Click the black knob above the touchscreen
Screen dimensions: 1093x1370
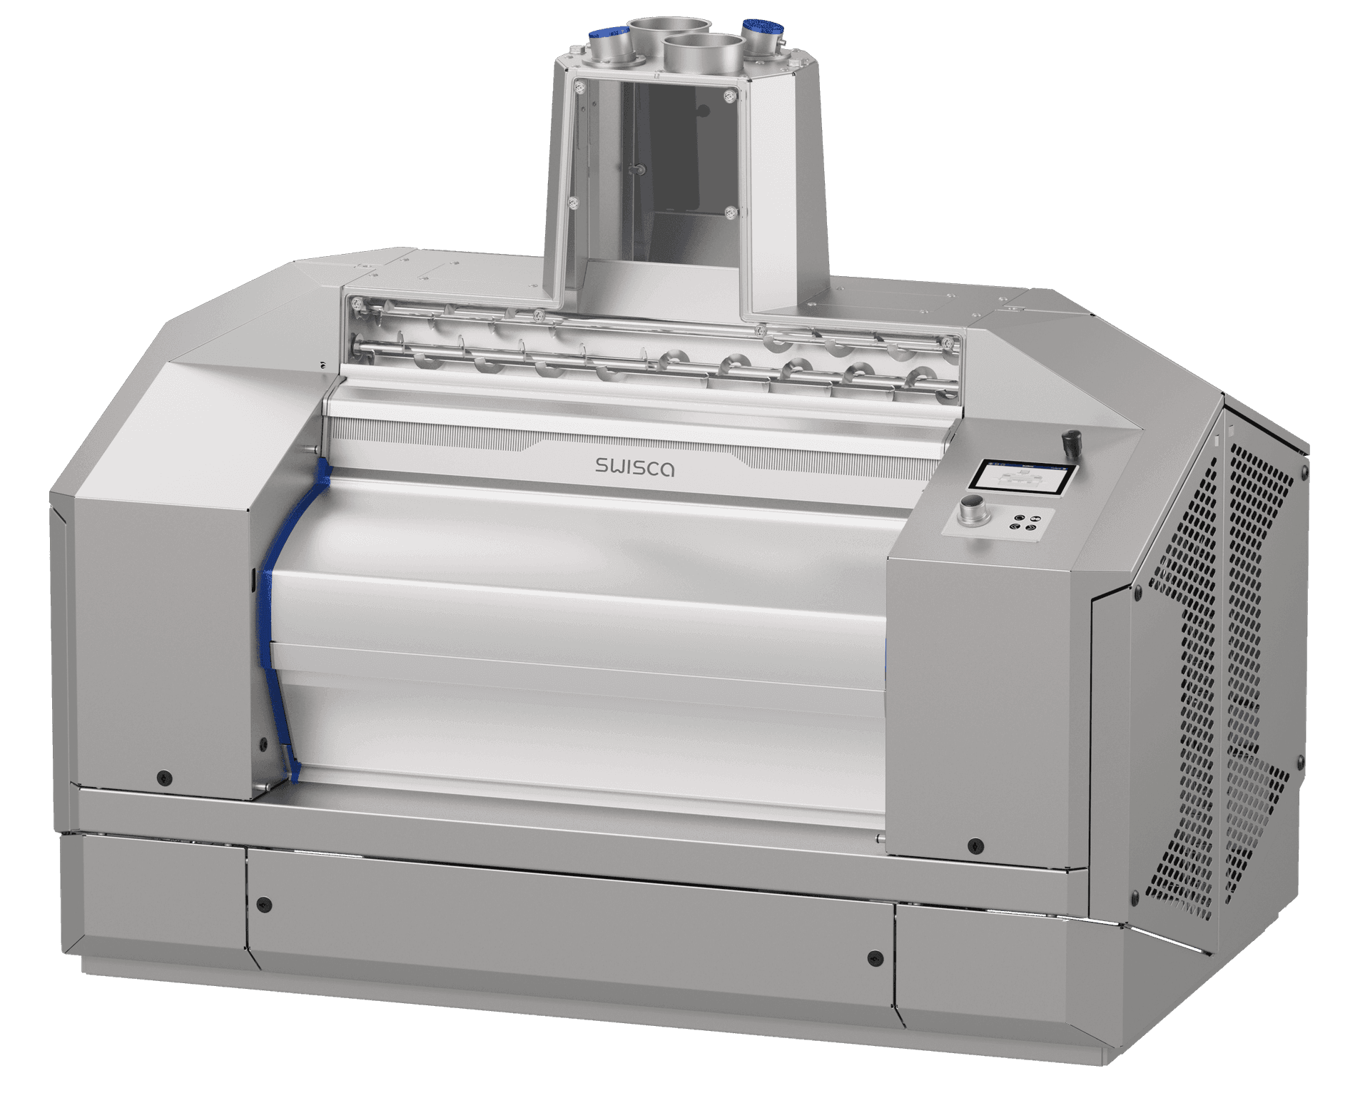click(1070, 440)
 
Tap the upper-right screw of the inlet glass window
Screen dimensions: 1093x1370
click(728, 95)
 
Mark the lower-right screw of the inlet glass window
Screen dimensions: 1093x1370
click(729, 211)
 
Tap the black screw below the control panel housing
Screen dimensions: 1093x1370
click(974, 847)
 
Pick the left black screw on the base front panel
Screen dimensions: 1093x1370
click(265, 905)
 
